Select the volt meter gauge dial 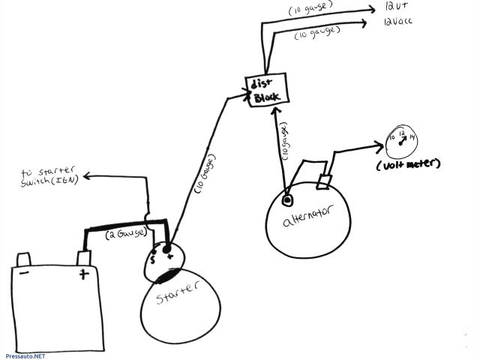click(402, 139)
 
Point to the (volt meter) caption click(409, 163)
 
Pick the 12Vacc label click(397, 22)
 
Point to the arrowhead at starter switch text click(86, 177)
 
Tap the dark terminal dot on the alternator click(287, 201)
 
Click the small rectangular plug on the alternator click(325, 181)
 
